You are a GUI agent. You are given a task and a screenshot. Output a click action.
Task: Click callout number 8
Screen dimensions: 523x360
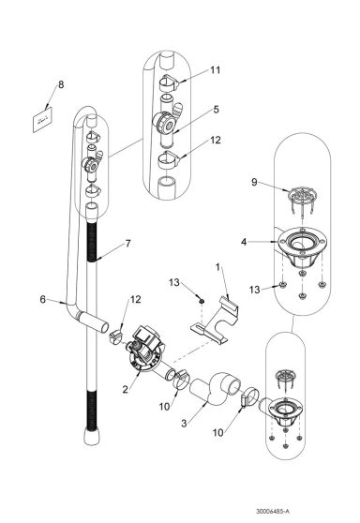pyautogui.click(x=62, y=85)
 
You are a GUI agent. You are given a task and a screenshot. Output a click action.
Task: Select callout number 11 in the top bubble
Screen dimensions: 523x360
pyautogui.click(x=215, y=69)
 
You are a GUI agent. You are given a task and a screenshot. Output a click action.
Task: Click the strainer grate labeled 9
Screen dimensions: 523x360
pyautogui.click(x=298, y=200)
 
